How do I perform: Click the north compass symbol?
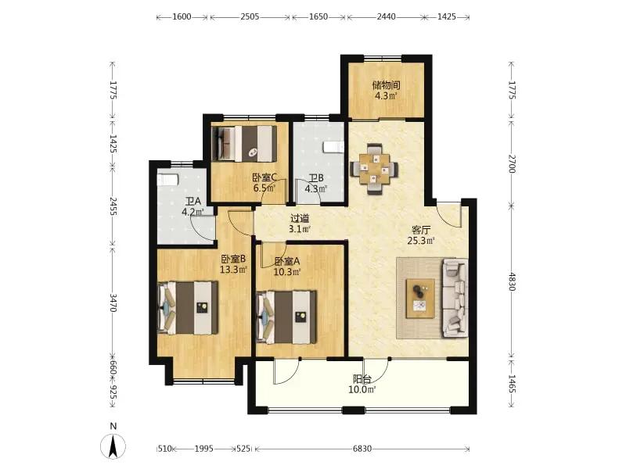tap(113, 445)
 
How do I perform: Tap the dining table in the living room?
tap(374, 169)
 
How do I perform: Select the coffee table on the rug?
tap(420, 299)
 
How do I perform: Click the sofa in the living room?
tap(455, 298)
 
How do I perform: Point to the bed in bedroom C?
tap(244, 144)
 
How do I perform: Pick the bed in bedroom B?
tap(188, 307)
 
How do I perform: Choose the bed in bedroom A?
tap(286, 317)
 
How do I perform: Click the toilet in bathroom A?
tap(167, 179)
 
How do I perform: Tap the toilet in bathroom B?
tap(333, 147)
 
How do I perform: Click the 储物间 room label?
tap(386, 85)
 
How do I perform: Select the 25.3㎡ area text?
tap(421, 241)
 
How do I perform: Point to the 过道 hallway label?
tap(300, 219)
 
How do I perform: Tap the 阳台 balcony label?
tap(362, 379)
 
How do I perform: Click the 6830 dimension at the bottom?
tap(362, 449)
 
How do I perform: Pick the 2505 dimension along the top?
tap(250, 16)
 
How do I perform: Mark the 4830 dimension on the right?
tap(513, 281)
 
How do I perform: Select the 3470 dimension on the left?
tap(113, 303)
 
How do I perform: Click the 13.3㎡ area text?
tap(233, 270)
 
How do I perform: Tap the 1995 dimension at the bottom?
tap(204, 449)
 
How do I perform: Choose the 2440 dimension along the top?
tap(386, 16)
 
